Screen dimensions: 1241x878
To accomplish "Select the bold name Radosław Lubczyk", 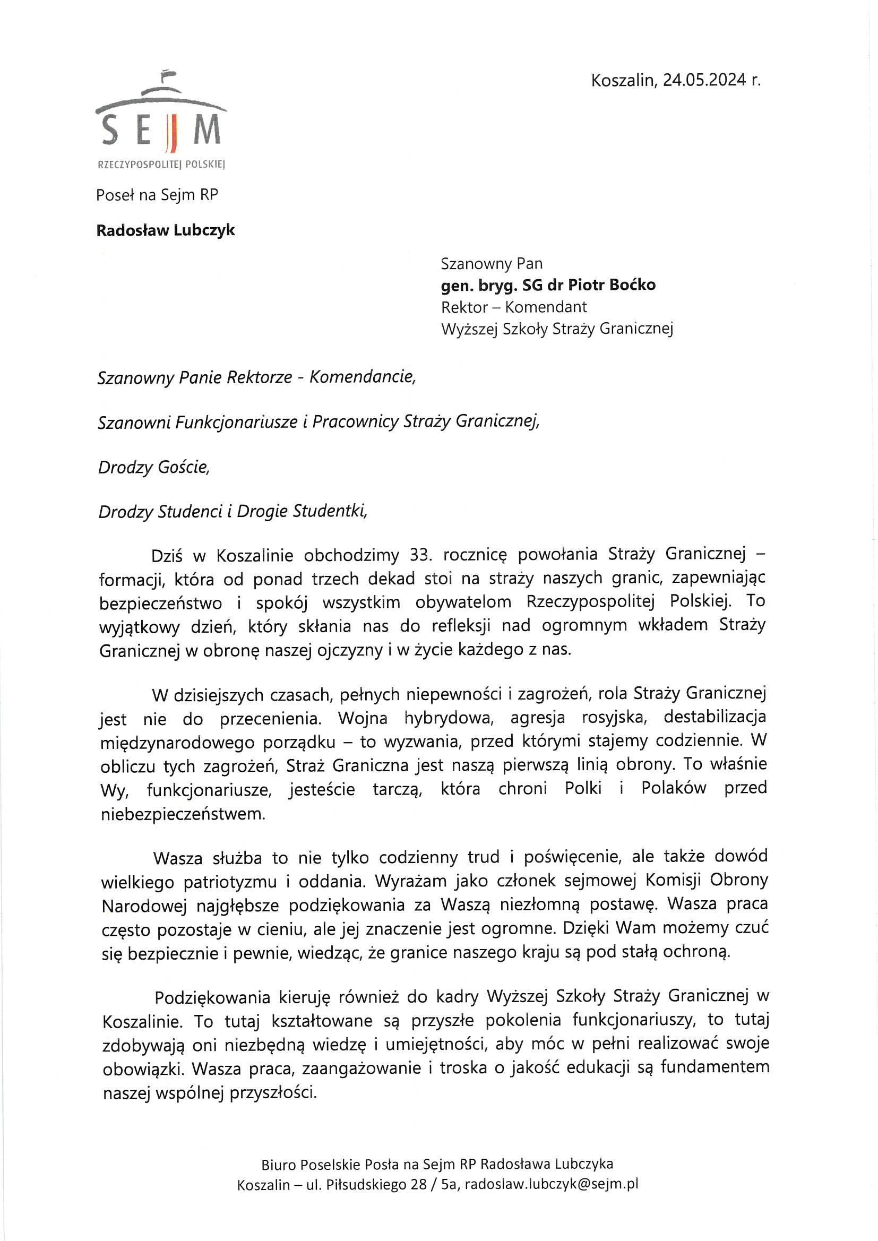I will (166, 230).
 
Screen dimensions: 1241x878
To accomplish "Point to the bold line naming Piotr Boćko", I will (548, 285).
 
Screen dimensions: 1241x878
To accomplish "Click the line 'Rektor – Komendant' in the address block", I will (514, 307).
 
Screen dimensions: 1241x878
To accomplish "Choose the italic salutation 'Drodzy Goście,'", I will (153, 467).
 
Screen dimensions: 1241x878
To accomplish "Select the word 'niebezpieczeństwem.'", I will (183, 814).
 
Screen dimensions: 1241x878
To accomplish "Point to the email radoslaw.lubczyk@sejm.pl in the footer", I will (552, 1184).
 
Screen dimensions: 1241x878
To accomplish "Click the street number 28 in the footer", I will (418, 1184).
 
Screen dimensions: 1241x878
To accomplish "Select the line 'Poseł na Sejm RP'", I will (157, 195).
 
